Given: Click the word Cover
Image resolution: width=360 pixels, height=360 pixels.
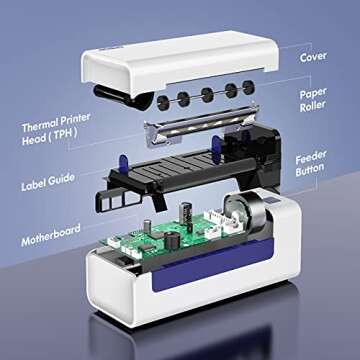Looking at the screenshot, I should pos(313,57).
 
